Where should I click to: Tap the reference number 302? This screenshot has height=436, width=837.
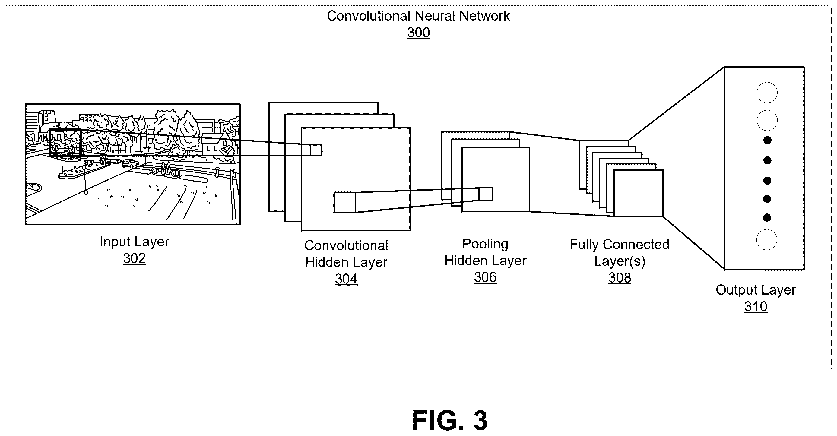[134, 259]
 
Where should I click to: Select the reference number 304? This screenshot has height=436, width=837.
[346, 279]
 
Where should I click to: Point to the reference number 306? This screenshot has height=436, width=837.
[485, 277]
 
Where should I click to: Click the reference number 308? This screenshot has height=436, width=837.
[620, 278]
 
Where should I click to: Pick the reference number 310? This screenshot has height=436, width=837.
[756, 307]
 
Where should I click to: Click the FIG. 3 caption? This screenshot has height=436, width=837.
[450, 420]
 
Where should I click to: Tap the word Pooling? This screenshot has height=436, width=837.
[485, 244]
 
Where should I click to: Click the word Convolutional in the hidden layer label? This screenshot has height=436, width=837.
[346, 246]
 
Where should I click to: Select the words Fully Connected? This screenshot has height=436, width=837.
[619, 245]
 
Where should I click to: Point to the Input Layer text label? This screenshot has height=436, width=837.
[135, 242]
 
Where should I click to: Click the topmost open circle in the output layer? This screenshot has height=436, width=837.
[767, 93]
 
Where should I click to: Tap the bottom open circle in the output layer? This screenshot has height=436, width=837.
[766, 240]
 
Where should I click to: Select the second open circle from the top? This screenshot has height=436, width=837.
[767, 121]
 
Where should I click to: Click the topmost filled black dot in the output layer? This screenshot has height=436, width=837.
[767, 140]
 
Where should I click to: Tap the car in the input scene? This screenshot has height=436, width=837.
[130, 163]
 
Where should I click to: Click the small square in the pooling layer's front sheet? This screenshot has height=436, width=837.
[485, 194]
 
